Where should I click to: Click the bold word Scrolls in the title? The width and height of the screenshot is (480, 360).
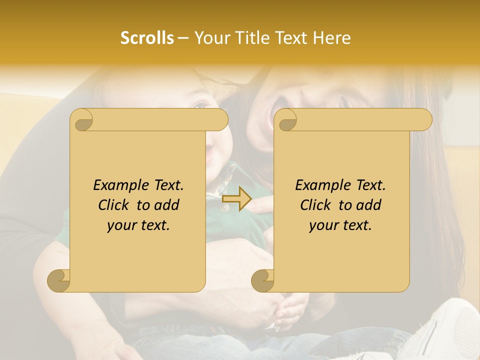(x=147, y=38)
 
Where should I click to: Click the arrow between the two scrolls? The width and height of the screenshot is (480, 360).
(x=236, y=199)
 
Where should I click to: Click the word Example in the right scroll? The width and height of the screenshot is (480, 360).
(x=321, y=185)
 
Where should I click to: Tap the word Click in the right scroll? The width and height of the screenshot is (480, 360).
(x=315, y=205)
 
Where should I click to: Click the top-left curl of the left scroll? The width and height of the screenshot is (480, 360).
(x=82, y=120)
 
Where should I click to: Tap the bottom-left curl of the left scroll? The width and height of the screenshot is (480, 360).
(x=59, y=281)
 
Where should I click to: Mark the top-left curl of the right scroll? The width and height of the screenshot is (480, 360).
(x=286, y=120)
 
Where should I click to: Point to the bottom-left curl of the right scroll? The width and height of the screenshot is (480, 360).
(x=263, y=281)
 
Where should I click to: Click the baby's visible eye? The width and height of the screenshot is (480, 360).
(x=201, y=105)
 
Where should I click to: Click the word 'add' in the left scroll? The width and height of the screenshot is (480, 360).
(x=167, y=205)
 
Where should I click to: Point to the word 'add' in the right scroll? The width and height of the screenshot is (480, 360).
(x=369, y=205)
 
